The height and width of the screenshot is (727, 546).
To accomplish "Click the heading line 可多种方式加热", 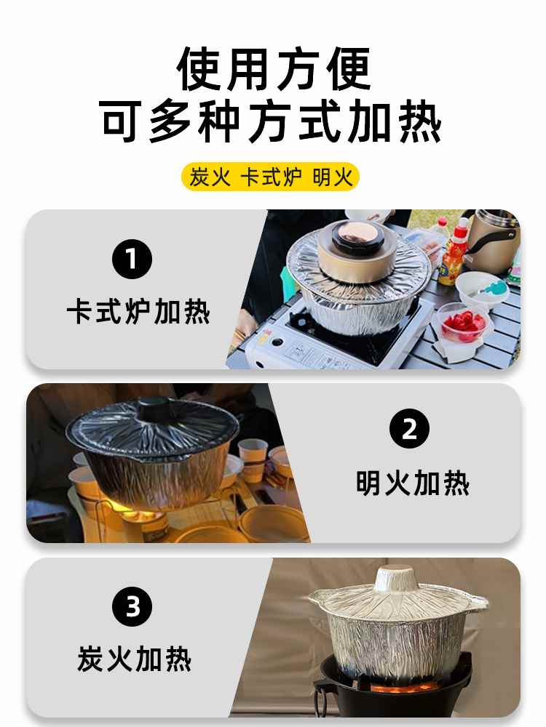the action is [270, 121].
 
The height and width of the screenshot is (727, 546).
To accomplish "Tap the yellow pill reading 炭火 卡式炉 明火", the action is [270, 177].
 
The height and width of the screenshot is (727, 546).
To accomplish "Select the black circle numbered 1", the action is [132, 259].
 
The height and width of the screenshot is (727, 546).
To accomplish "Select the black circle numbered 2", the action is [409, 428].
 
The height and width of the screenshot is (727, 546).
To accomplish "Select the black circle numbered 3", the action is [132, 606].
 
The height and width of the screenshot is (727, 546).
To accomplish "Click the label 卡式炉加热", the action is [138, 312].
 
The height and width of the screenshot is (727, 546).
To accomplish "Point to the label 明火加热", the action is [413, 483].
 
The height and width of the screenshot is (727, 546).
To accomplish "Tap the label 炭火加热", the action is [134, 659].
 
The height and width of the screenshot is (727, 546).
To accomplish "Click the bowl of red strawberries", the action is [462, 324].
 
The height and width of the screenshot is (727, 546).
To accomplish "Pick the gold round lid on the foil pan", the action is [357, 250].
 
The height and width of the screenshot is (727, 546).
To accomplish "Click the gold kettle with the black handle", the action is [492, 241].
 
